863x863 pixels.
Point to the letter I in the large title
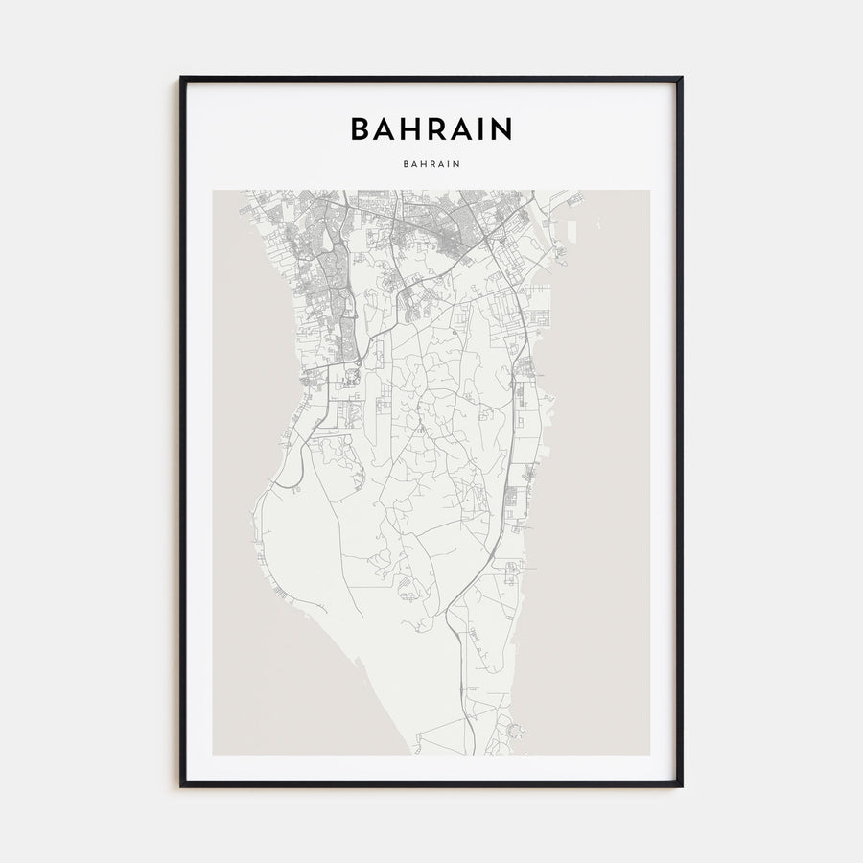tap(482, 128)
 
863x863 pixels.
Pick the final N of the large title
tap(501, 128)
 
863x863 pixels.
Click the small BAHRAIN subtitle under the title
tap(431, 163)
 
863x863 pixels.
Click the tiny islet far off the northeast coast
tap(600, 222)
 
